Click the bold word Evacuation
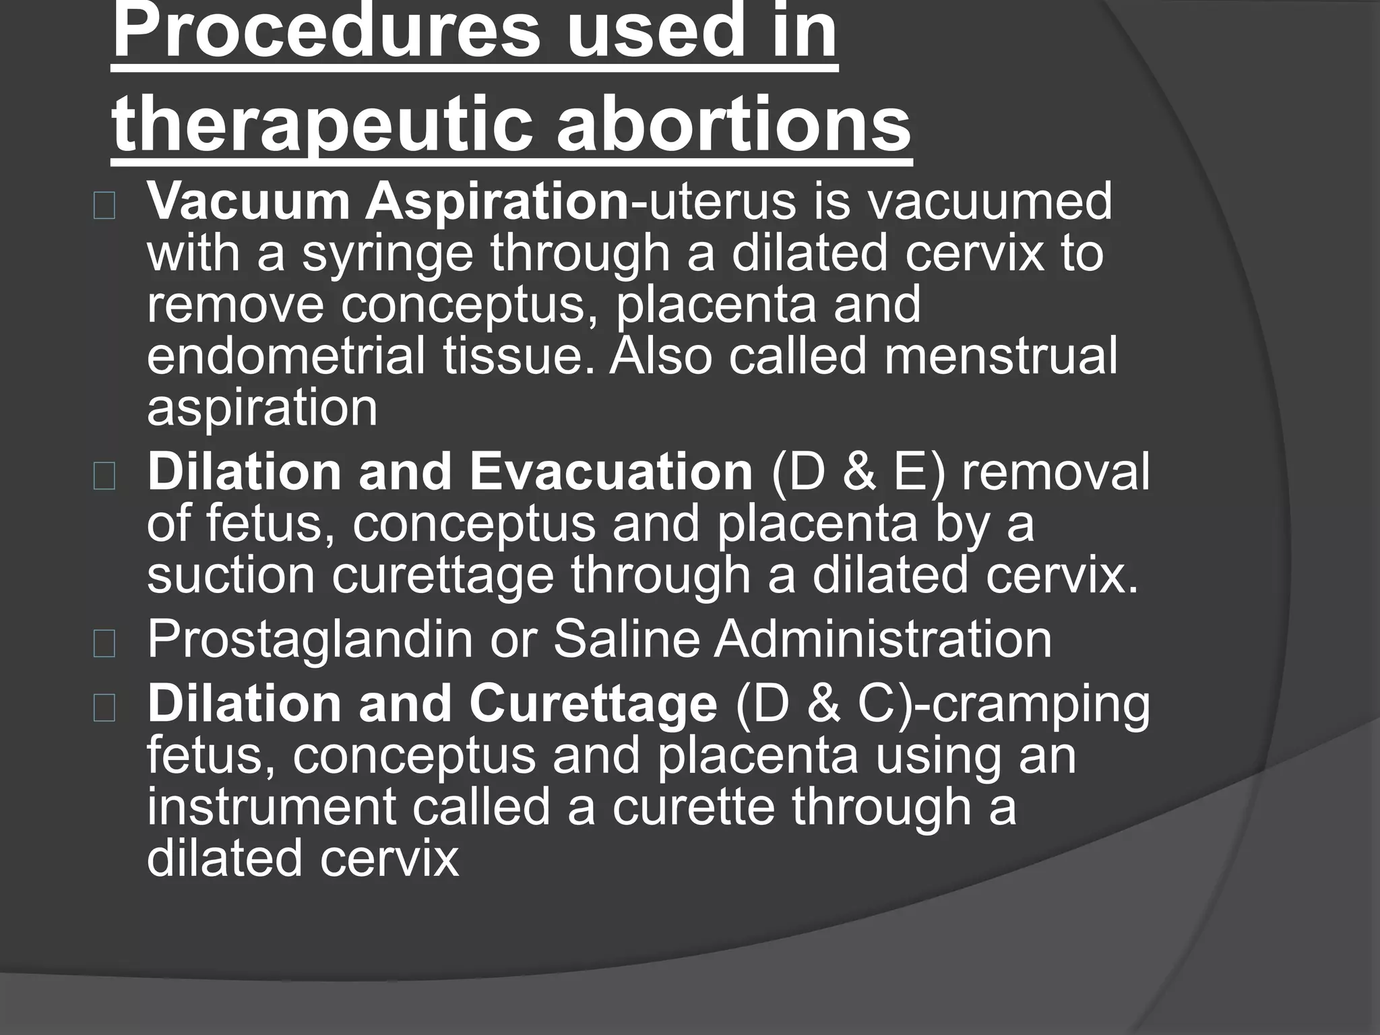coord(610,472)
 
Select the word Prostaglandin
coord(309,639)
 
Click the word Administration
coord(883,639)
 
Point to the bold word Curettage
coord(593,704)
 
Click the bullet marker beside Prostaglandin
coord(104,644)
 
